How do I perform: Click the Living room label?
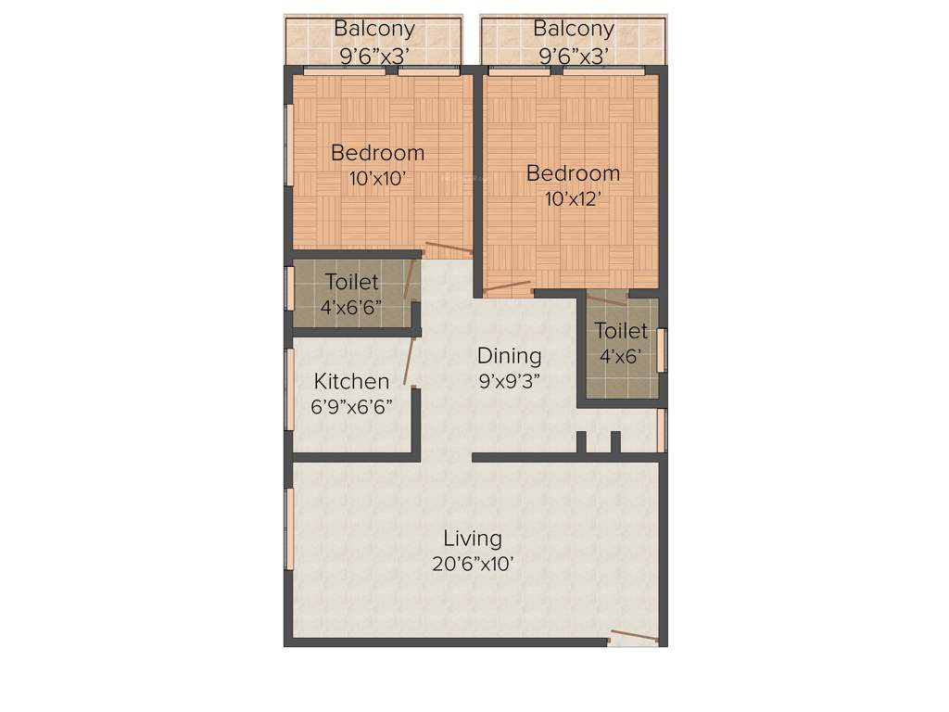tap(473, 538)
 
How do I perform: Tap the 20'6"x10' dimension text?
tap(473, 564)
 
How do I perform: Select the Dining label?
tap(509, 355)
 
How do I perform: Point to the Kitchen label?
tap(351, 381)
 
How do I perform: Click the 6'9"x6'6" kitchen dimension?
tap(351, 406)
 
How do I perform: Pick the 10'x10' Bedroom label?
tap(377, 152)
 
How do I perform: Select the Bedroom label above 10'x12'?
tap(573, 173)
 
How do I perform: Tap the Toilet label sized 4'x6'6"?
tap(351, 282)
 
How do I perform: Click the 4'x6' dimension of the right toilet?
tap(621, 356)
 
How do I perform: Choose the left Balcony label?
tap(374, 29)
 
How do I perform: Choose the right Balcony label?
tap(574, 29)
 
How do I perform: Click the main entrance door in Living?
tap(634, 637)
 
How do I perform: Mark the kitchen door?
tap(410, 362)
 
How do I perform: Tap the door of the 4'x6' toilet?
tap(606, 299)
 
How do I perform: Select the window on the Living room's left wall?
tap(289, 528)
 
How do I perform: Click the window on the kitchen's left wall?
tap(289, 389)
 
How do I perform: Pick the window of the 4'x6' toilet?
tap(661, 350)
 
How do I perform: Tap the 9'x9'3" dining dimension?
tap(509, 380)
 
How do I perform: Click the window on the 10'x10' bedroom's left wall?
tap(289, 148)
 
